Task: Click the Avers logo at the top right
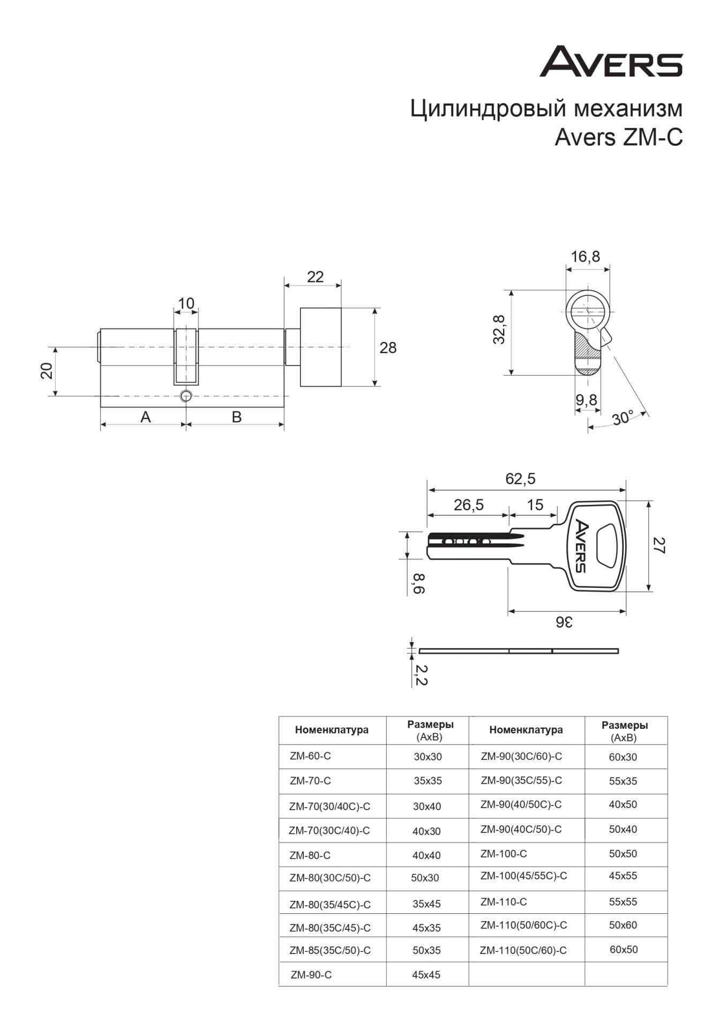611,62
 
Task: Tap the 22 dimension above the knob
316,277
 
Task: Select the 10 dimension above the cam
186,304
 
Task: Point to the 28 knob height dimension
388,348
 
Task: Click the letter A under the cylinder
146,416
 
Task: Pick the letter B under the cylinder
236,416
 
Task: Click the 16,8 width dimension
585,257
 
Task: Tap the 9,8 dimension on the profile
587,400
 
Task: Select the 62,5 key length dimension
520,478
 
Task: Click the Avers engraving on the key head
582,545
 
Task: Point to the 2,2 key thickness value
421,674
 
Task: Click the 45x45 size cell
426,975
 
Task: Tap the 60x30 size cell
623,757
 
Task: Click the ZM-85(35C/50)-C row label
330,950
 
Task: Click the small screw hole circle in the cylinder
185,396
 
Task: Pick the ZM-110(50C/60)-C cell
523,950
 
